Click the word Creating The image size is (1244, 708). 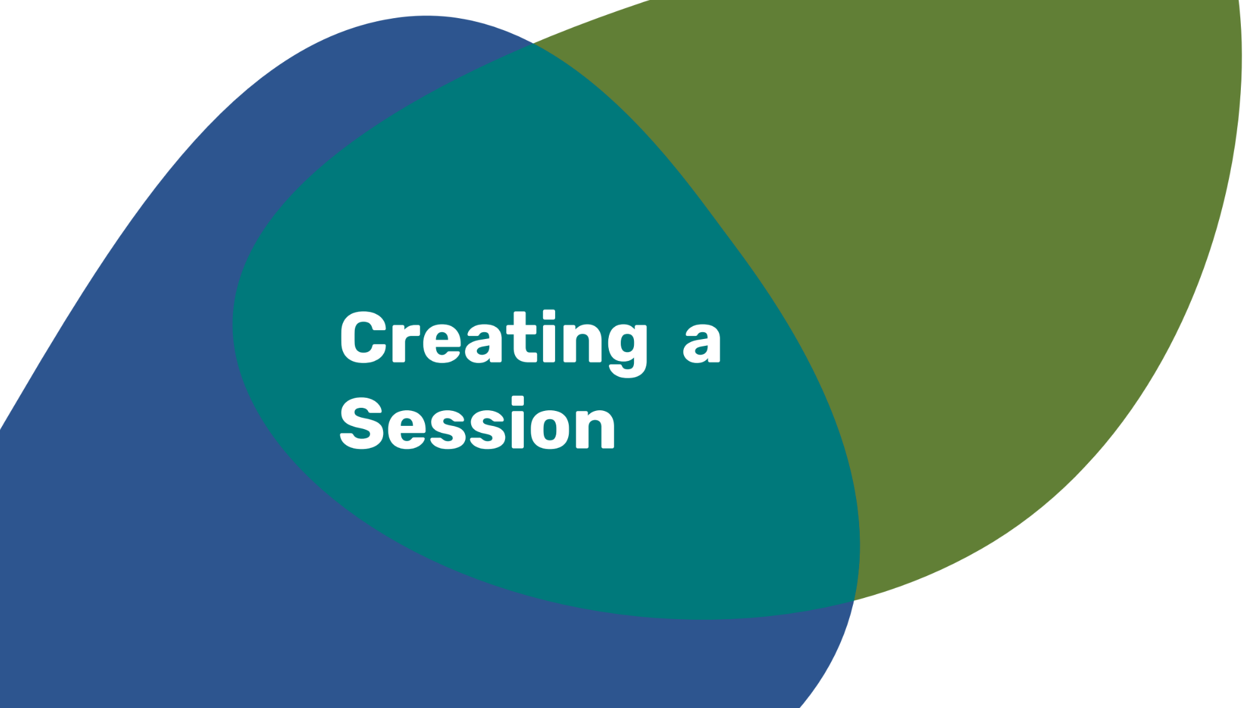coord(494,343)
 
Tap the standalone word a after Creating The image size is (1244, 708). coord(702,343)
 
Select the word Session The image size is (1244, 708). coord(477,423)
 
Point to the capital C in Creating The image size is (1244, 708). coord(364,336)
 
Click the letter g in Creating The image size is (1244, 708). coord(628,351)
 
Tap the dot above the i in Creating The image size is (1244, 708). coord(549,315)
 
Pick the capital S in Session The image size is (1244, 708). coord(361,423)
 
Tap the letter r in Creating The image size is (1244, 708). coord(405,343)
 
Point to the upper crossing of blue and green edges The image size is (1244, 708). coord(533,43)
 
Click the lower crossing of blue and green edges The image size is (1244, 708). coord(854,600)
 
